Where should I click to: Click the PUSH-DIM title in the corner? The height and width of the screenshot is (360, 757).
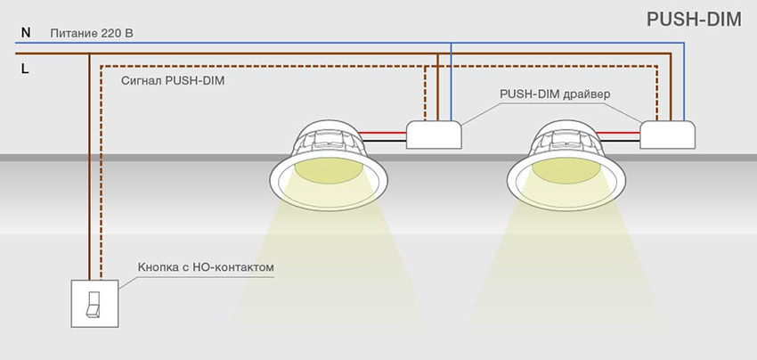click(694, 20)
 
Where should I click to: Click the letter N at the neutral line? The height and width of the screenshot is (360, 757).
click(25, 33)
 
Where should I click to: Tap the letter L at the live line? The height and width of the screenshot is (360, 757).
click(25, 67)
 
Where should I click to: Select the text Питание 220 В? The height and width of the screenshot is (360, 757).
click(92, 34)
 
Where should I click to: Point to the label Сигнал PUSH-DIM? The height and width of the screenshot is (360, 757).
click(172, 81)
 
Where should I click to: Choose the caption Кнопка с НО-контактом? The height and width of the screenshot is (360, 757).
click(204, 266)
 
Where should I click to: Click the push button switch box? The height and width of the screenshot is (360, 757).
click(94, 303)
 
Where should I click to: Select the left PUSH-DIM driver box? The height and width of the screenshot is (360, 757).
click(435, 135)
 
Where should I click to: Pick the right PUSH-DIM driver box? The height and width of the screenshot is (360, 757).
click(668, 135)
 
